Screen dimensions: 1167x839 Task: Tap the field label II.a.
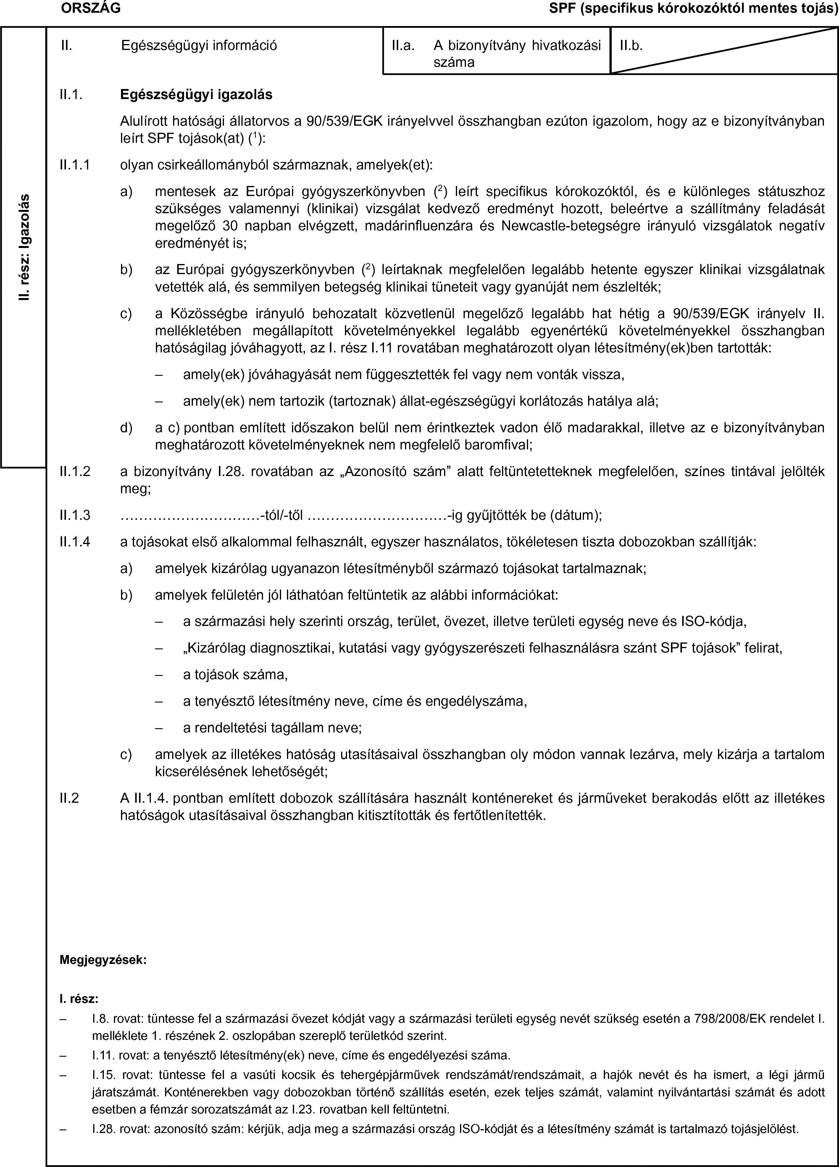pyautogui.click(x=403, y=46)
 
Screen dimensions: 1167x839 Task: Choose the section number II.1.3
pyautogui.click(x=75, y=515)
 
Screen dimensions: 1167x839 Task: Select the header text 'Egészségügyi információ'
pyautogui.click(x=199, y=46)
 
